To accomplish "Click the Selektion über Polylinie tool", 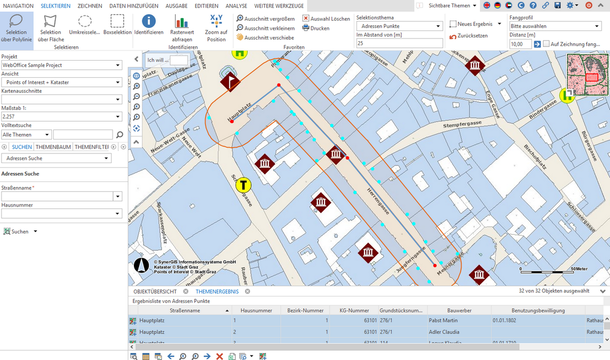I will coord(16,28).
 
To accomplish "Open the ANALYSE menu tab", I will coord(236,6).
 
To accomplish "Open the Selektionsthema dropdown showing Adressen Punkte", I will coord(399,26).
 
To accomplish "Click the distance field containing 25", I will coord(399,43).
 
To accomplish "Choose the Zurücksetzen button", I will coord(469,35).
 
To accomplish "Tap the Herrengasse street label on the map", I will coord(378,201).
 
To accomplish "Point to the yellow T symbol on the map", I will coord(244,185).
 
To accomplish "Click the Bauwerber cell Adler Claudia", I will coord(443,332).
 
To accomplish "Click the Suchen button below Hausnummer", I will coord(19,232).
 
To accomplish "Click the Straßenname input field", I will coord(58,196).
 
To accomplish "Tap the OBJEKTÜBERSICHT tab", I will coord(155,291).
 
